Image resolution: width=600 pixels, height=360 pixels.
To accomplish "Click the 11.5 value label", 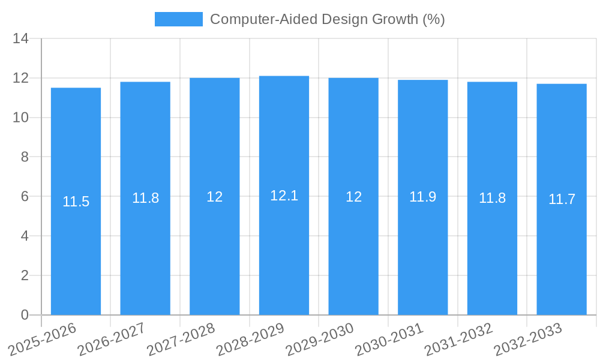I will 76,202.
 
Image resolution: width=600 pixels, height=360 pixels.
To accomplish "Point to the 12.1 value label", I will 284,196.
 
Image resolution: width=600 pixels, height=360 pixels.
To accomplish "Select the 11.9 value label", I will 423,197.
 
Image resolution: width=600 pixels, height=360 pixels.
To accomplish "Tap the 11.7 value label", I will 562,199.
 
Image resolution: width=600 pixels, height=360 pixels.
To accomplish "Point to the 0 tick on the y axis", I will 25,315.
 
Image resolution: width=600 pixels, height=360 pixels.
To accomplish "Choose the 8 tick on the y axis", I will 25,157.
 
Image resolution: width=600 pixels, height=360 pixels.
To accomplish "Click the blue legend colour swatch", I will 179,19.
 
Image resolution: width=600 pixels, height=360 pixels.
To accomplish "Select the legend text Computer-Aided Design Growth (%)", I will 328,19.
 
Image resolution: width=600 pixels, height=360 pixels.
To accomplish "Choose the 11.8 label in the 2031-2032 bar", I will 492,198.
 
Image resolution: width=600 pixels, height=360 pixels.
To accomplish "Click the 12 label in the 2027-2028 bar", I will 215,197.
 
